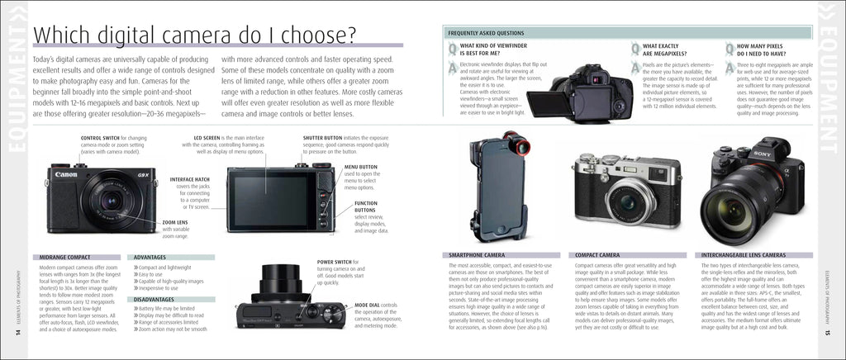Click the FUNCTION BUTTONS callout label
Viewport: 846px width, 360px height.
pyautogui.click(x=366, y=202)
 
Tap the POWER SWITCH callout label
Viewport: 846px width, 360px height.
pyautogui.click(x=336, y=263)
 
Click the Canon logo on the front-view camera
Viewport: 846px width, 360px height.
pyautogui.click(x=66, y=174)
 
